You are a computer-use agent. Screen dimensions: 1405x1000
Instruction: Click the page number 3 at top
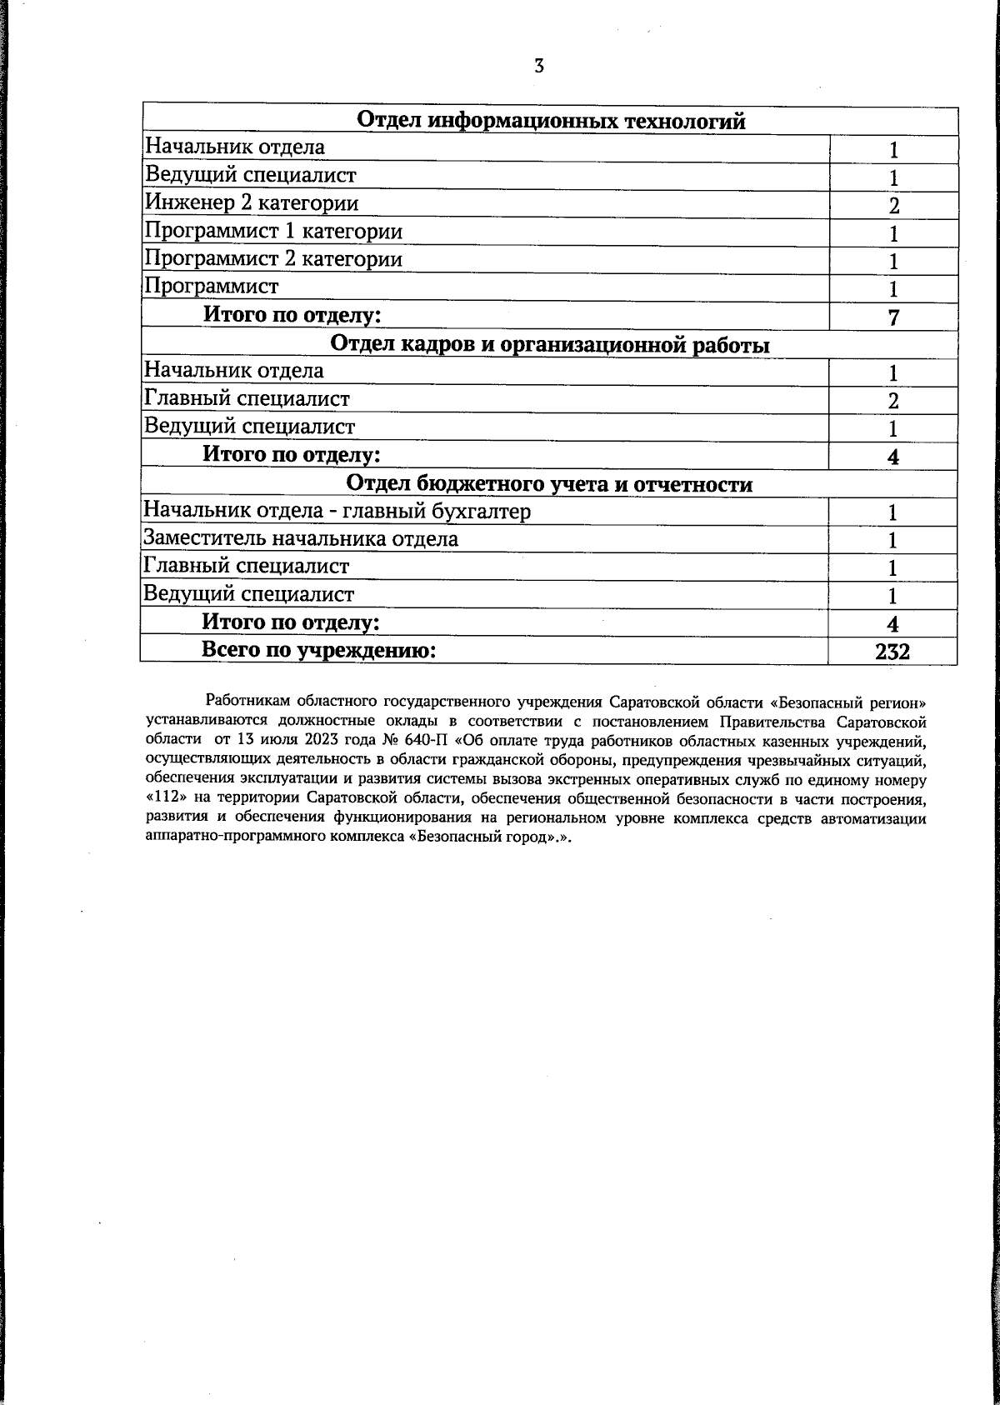tap(539, 66)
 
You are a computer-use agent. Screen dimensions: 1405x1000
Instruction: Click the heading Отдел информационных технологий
tap(550, 121)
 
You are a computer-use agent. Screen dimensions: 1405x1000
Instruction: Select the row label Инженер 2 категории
tap(252, 202)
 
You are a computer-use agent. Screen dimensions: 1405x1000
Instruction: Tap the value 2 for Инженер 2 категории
tap(893, 206)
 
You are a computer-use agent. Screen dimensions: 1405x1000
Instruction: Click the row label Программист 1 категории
tap(273, 231)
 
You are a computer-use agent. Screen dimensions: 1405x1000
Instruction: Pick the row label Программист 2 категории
tap(273, 258)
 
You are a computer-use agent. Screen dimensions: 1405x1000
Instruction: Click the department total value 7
tap(893, 317)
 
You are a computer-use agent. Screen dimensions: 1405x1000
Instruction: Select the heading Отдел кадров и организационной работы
tap(550, 344)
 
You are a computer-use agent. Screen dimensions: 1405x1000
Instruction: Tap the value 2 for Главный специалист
tap(893, 401)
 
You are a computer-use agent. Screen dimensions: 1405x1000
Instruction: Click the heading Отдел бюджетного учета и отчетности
tap(550, 484)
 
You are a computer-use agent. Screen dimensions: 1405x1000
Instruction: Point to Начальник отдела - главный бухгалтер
tap(337, 511)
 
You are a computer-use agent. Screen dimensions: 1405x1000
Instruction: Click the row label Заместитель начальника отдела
tap(301, 538)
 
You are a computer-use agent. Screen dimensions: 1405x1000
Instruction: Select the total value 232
tap(892, 652)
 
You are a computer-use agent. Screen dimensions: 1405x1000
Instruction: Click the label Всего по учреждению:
tap(319, 650)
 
